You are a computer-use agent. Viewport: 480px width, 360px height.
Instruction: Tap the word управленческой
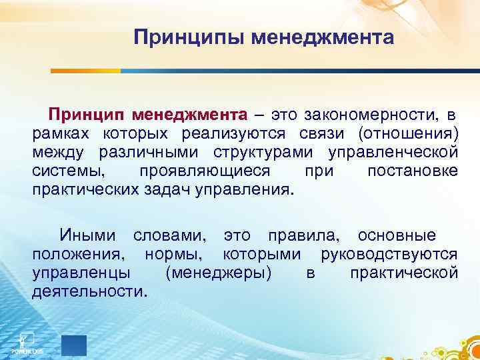click(393, 153)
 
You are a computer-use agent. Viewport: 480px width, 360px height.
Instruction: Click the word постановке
click(412, 171)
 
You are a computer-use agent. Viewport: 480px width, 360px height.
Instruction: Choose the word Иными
click(91, 235)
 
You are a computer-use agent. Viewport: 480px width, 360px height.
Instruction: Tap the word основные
click(397, 235)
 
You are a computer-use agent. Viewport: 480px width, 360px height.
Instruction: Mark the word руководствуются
click(389, 254)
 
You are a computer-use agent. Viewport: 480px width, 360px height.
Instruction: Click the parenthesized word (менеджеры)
click(217, 273)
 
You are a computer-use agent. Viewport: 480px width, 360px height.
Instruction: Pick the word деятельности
click(89, 291)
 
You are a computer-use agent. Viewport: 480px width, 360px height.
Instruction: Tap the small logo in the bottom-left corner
click(26, 341)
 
